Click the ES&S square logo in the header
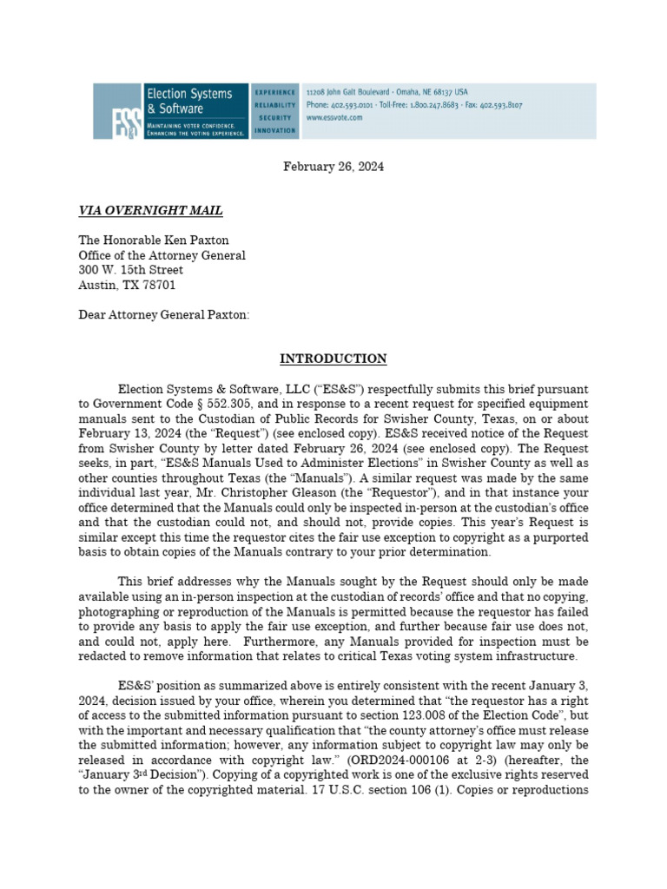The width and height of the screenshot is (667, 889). coord(117,111)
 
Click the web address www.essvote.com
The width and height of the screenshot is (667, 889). coord(334,118)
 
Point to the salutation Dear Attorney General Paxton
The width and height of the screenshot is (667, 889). coord(163,315)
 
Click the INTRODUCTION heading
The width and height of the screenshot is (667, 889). coord(333,359)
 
